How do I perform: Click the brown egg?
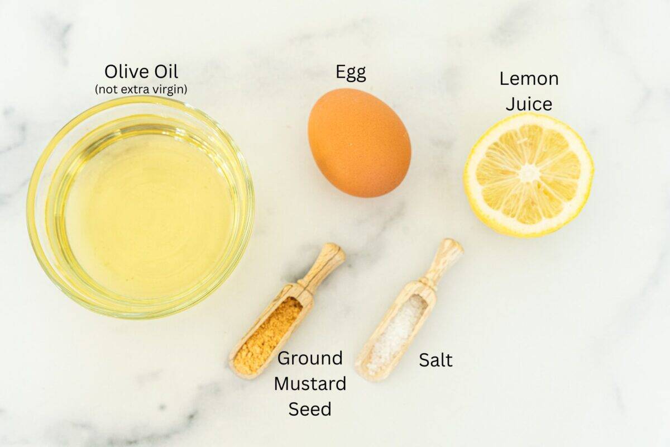360,143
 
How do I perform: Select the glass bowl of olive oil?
140,207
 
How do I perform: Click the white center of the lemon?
528,174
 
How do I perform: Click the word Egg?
351,72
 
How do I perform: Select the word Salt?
435,360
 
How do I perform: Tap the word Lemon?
529,79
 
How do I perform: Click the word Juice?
529,104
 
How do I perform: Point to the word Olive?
126,72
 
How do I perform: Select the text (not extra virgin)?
141,89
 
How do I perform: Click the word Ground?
310,358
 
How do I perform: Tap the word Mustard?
310,384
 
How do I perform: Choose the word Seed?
310,409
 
